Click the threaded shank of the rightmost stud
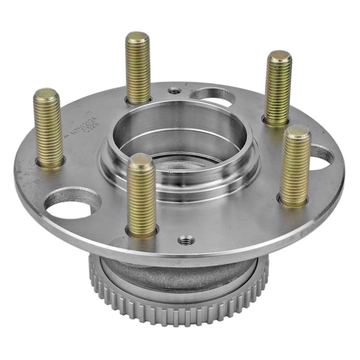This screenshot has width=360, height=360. pyautogui.click(x=295, y=169)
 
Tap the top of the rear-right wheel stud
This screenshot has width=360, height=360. pyautogui.click(x=279, y=56)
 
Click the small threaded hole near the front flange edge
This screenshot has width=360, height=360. pyautogui.click(x=186, y=240)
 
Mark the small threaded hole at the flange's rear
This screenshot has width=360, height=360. pyautogui.click(x=174, y=91)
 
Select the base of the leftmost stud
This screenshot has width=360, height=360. pyautogui.click(x=50, y=162)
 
